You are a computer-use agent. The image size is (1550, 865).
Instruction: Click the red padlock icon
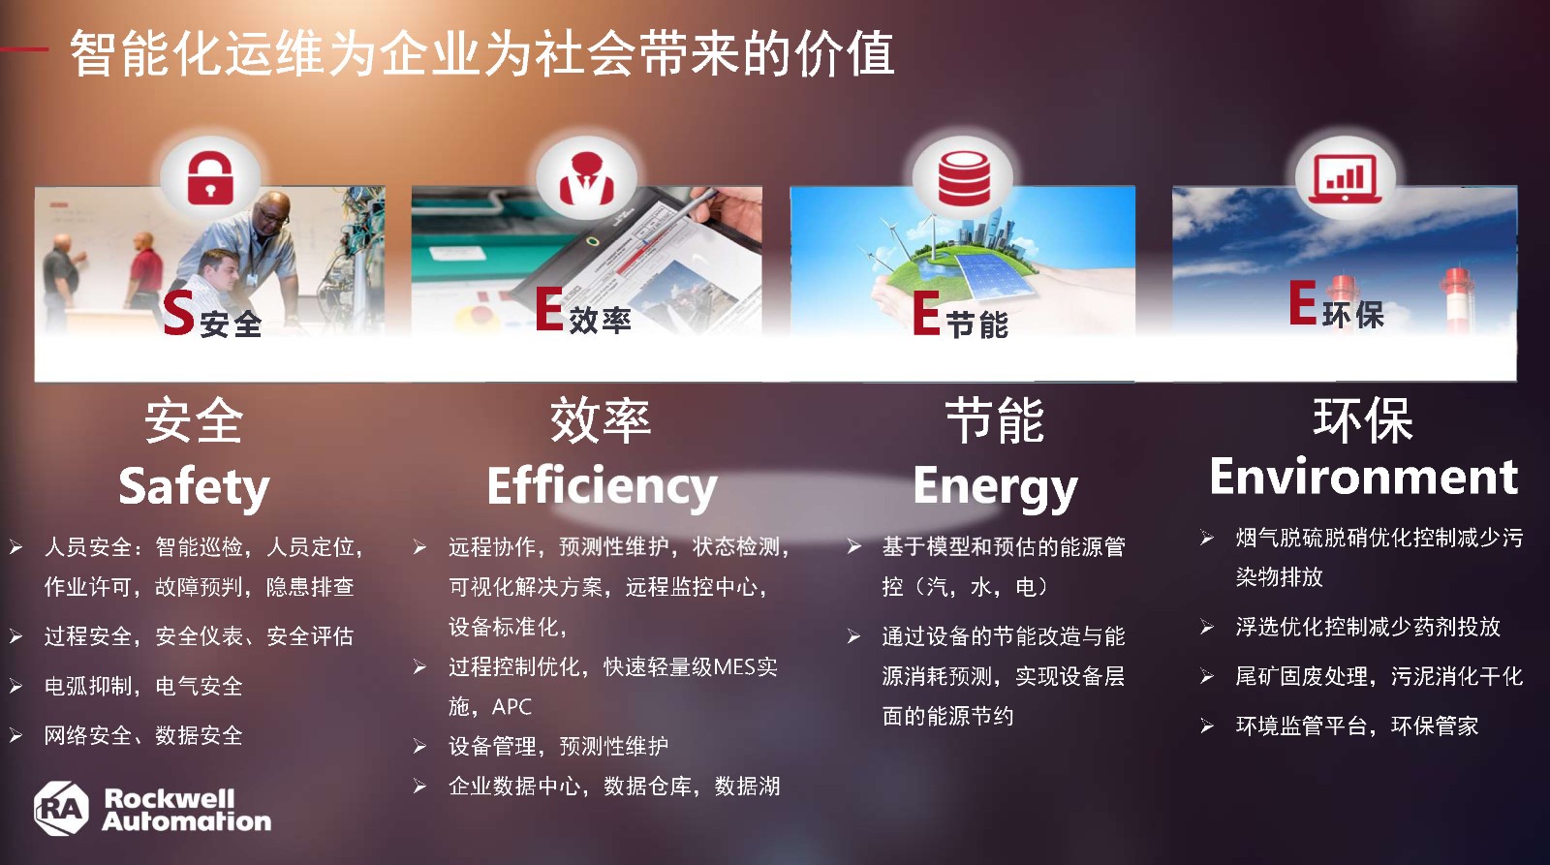pos(210,178)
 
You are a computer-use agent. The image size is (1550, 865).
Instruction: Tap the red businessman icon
pos(587,178)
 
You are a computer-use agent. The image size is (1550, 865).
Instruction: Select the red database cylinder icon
pos(964,178)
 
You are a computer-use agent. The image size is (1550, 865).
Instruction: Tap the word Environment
pos(1364,477)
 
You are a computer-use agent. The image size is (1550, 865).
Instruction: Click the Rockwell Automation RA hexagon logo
pos(62,808)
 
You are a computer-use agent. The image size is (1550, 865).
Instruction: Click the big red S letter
pos(178,314)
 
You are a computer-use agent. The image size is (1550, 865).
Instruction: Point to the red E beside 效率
pos(549,309)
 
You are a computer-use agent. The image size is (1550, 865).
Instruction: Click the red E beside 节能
pos(926,313)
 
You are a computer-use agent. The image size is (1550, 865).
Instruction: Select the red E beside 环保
pos(1302,302)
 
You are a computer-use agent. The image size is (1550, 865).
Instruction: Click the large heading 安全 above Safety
pos(194,420)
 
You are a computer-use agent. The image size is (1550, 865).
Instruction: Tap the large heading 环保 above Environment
pos(1363,420)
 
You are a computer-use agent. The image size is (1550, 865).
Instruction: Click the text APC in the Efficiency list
pos(511,706)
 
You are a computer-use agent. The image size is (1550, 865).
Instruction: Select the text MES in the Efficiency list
pos(735,666)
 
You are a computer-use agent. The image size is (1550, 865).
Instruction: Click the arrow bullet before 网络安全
pos(15,735)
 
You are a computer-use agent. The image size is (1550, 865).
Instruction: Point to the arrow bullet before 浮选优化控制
pos(1207,627)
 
